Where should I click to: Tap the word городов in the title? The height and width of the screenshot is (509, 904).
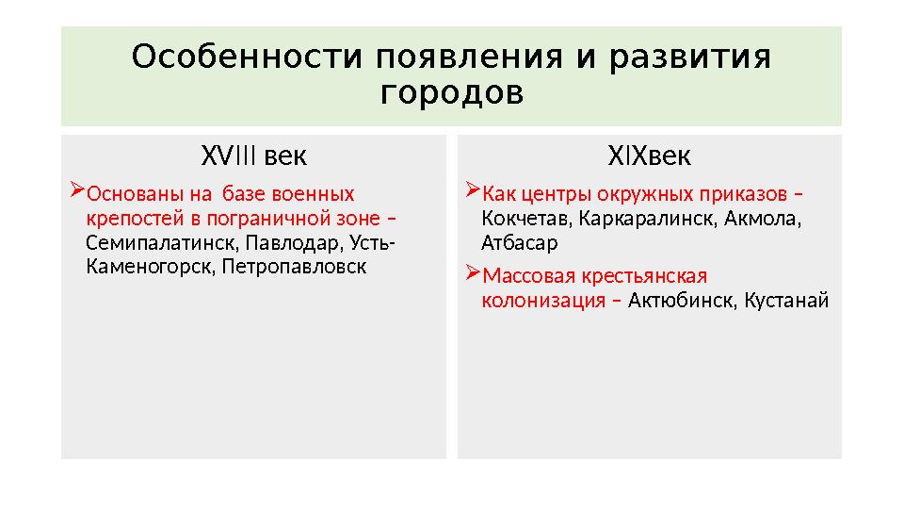(452, 95)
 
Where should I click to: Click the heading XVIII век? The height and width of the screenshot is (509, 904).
(254, 155)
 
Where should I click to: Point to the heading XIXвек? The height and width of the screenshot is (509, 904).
(649, 155)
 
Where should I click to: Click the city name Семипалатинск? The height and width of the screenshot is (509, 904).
(161, 243)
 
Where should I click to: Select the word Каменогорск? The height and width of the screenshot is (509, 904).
(148, 267)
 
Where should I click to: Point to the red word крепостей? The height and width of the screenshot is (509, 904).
(129, 219)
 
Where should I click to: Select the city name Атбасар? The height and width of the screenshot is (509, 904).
(519, 242)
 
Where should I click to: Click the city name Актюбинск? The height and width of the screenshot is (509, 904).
(683, 302)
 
